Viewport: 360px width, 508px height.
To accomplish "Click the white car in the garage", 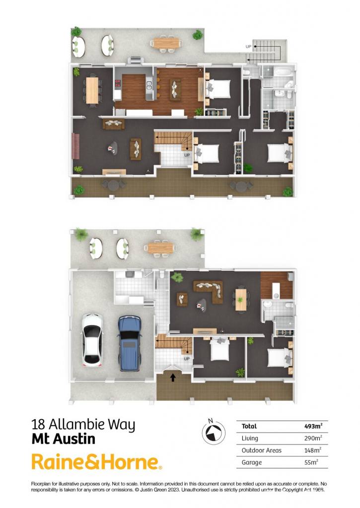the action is tap(92, 340).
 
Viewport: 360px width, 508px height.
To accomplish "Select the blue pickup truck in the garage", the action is tap(130, 343).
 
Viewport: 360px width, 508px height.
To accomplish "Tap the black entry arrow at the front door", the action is tap(173, 377).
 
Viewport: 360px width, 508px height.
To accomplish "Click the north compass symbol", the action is tap(214, 433).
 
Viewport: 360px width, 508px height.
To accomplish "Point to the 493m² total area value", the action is tap(313, 426).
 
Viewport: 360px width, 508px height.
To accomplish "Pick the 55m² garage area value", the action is tap(311, 462).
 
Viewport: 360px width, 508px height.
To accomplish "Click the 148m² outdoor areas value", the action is tap(313, 450).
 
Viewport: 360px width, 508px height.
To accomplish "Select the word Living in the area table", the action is tap(250, 439).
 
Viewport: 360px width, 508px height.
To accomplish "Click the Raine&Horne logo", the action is tap(97, 462).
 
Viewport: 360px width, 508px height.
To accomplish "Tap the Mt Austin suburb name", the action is tap(64, 440).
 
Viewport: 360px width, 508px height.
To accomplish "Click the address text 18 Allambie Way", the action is tap(83, 425).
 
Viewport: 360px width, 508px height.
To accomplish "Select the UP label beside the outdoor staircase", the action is tap(248, 47).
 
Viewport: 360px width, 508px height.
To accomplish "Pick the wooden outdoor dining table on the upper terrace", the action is tap(166, 43).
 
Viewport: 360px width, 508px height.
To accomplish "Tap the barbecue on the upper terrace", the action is tap(136, 60).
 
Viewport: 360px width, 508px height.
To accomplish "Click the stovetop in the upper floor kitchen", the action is tap(118, 83).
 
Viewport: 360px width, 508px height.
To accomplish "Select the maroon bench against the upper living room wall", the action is tap(76, 146).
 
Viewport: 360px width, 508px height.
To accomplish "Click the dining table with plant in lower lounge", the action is tap(240, 299).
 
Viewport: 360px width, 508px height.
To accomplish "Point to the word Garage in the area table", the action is tap(252, 462).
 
